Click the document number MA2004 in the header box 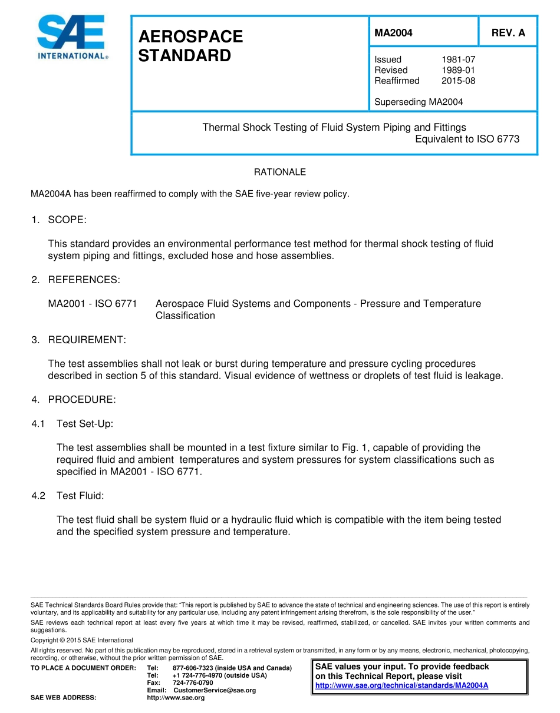tap(393, 33)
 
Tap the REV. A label tap(508, 33)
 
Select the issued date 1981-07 tap(458, 59)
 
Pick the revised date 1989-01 tap(458, 70)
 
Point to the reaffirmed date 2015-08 tap(458, 81)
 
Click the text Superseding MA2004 tap(419, 102)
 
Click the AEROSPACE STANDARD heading tap(190, 46)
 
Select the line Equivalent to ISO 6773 tap(467, 140)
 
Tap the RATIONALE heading tap(279, 172)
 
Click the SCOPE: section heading tap(67, 220)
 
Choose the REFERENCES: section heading tap(84, 280)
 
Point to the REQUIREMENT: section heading tap(87, 340)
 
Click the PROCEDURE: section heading tap(82, 400)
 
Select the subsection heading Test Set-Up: tap(85, 424)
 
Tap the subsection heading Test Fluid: tap(80, 496)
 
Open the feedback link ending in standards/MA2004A tap(401, 685)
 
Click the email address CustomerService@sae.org tap(214, 690)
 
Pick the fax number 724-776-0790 tap(193, 682)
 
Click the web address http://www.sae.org tap(175, 698)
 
